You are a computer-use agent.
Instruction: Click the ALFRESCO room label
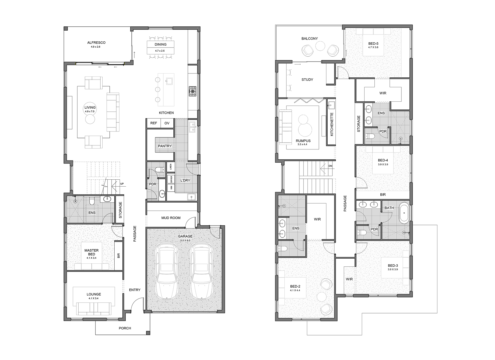click(96, 43)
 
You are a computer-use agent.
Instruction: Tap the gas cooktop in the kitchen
click(193, 91)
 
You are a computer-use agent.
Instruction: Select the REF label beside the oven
click(154, 123)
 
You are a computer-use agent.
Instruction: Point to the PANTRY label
click(165, 146)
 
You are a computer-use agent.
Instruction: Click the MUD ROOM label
click(171, 218)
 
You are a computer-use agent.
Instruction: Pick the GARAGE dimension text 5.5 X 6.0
click(185, 240)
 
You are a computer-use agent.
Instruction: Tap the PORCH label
click(125, 328)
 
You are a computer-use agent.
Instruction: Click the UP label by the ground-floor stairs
click(122, 184)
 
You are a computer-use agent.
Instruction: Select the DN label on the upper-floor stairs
click(330, 166)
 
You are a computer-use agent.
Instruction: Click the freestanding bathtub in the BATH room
click(404, 213)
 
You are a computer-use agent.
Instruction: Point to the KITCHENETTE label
click(332, 124)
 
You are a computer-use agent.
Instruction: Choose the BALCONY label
click(310, 39)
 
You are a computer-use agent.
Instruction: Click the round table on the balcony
click(320, 46)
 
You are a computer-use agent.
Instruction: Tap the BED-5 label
click(373, 43)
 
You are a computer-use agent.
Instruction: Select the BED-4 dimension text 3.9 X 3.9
click(383, 164)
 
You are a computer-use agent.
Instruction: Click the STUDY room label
click(307, 79)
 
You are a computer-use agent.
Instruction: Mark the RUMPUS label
click(303, 141)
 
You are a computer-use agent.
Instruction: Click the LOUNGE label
click(94, 294)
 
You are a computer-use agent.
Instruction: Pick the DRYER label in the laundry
click(171, 179)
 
